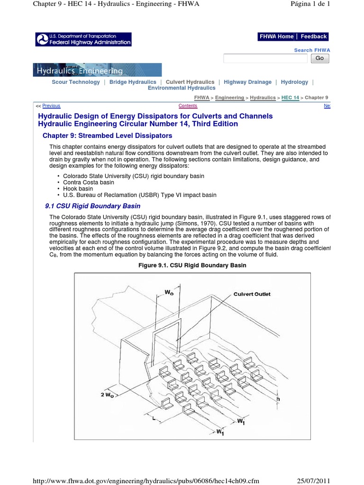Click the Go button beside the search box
point(319,58)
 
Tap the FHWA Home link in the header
point(276,36)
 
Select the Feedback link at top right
point(313,36)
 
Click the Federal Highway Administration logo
point(83,39)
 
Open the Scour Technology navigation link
point(76,82)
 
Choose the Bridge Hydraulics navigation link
point(133,82)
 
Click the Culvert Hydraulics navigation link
point(190,82)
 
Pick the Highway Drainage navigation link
point(247,82)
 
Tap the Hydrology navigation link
point(294,82)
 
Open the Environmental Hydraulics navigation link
point(182,88)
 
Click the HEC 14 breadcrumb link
point(290,98)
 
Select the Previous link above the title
point(51,106)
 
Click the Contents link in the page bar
point(188,106)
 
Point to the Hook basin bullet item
point(78,189)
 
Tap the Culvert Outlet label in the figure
point(252,294)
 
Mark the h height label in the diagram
point(278,399)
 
